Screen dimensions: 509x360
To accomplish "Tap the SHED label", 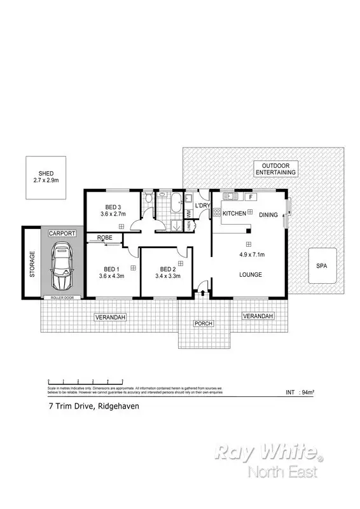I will [x=45, y=173].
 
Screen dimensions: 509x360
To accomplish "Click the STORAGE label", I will [x=32, y=265].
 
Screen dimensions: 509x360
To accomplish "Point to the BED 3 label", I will [x=113, y=206].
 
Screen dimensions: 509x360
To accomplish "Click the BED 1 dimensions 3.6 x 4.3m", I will [x=113, y=276].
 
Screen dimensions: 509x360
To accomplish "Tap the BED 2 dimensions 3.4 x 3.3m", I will [x=168, y=276].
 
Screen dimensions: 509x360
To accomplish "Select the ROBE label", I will [x=106, y=238].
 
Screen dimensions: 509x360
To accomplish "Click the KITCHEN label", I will [x=233, y=214].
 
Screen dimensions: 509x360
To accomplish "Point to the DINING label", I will [x=268, y=215].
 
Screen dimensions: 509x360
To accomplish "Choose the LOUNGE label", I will [x=249, y=275].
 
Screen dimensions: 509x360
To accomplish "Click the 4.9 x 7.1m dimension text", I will [x=249, y=255].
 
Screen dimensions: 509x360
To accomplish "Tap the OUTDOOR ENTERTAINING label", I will [x=275, y=168].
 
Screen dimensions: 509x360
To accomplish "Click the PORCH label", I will [x=204, y=324].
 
